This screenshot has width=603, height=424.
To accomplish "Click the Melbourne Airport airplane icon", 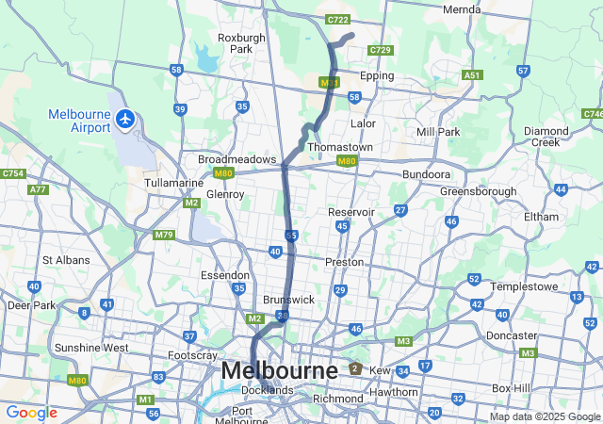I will [x=125, y=120].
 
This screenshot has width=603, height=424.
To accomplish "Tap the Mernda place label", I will [x=462, y=9].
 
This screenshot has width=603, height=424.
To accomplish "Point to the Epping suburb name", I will [x=377, y=76].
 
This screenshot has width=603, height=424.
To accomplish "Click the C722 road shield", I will [x=336, y=20].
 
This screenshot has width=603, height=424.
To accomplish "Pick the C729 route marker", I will [x=380, y=49].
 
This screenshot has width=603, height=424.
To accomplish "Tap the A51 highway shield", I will [x=472, y=75].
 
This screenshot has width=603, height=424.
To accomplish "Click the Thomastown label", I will [x=340, y=148].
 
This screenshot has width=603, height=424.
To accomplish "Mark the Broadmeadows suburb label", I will [x=236, y=159].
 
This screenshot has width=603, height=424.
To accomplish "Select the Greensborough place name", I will [x=478, y=191].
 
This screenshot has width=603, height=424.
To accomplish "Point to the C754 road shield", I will [x=13, y=173].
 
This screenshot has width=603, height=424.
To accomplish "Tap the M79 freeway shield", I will [x=164, y=235].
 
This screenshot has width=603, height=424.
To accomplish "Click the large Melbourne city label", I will [x=279, y=371].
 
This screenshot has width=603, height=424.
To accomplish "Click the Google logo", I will [x=31, y=412].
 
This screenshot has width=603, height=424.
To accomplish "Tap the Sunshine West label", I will [x=91, y=348].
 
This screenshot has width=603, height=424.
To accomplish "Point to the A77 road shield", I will [x=38, y=189].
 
